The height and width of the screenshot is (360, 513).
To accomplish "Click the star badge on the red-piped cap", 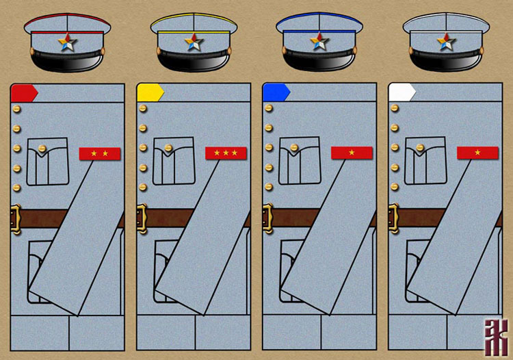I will coord(68,44).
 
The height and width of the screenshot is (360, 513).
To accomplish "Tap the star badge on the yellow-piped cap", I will coord(194,43).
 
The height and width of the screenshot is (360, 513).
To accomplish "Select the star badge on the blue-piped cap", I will coord(320,43).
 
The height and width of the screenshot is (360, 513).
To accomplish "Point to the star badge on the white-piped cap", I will coord(447,43).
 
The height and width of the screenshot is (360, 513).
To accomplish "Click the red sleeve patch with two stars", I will coord(100,153).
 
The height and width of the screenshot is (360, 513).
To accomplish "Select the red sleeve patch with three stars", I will coord(226,153).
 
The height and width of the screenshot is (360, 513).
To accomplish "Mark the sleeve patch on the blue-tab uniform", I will coord(352,153).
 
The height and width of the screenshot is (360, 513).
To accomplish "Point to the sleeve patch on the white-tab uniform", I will coord(477,153).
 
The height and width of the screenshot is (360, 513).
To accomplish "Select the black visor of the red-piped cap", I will coord(68,62).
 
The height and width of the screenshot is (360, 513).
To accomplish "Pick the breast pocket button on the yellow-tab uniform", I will coord(168,149).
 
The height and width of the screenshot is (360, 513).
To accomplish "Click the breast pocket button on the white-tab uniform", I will coord(420,149).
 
